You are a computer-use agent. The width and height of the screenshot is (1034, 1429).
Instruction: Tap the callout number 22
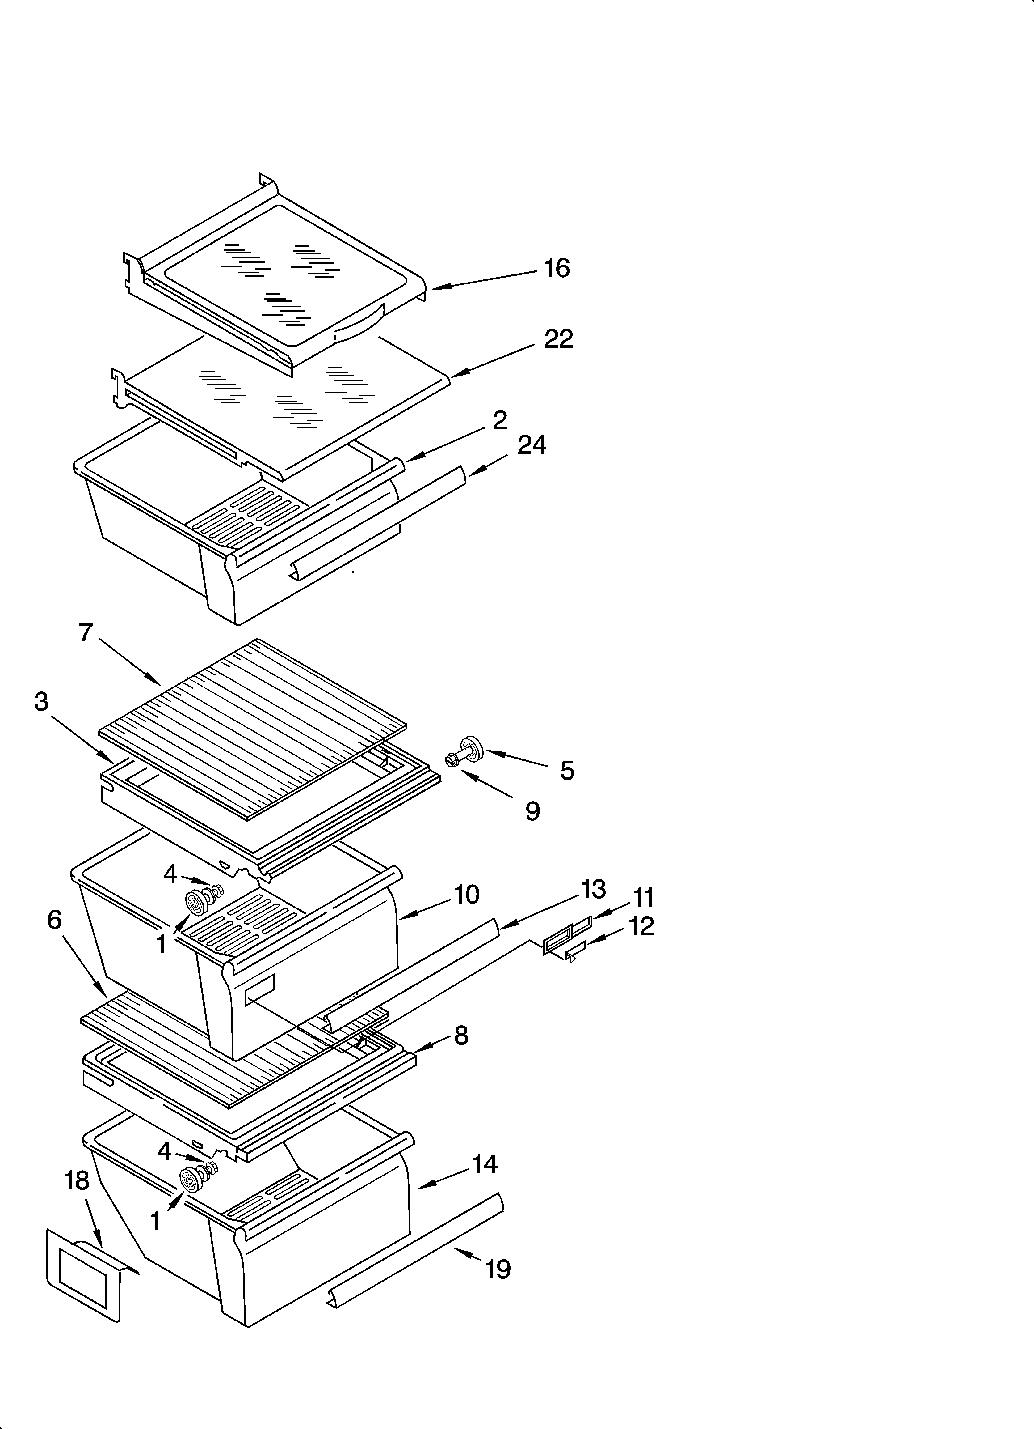(x=559, y=340)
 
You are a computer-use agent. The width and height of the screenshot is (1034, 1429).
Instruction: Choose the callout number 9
(x=533, y=811)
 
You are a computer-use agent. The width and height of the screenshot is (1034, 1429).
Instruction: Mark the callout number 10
(x=467, y=895)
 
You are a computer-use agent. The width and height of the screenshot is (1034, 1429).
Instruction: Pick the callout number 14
(x=485, y=1164)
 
